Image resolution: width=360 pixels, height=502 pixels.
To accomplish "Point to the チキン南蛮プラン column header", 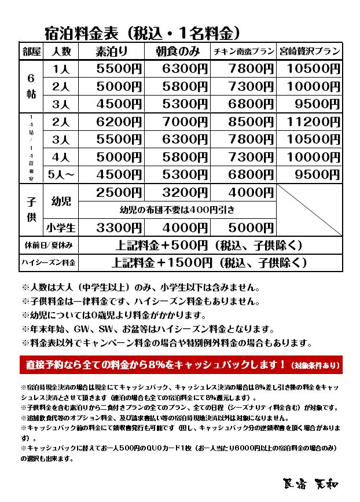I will pyautogui.click(x=243, y=51).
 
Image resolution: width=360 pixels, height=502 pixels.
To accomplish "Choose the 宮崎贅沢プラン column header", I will pyautogui.click(x=309, y=51).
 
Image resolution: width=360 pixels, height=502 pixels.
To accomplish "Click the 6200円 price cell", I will pyautogui.click(x=119, y=122).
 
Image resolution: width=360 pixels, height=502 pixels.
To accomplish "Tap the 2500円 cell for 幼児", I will pyautogui.click(x=119, y=193).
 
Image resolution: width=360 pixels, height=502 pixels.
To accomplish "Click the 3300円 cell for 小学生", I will pyautogui.click(x=119, y=228).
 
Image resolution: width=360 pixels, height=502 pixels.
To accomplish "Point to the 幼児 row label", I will pyautogui.click(x=61, y=201).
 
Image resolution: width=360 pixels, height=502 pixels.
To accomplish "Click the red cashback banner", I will pyautogui.click(x=179, y=365).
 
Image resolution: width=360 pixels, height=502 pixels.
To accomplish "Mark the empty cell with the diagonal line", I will pyautogui.click(x=309, y=210).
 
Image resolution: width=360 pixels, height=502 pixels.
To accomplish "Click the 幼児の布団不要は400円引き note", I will pyautogui.click(x=177, y=210).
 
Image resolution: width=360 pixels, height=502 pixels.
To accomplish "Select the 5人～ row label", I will pyautogui.click(x=61, y=174).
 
